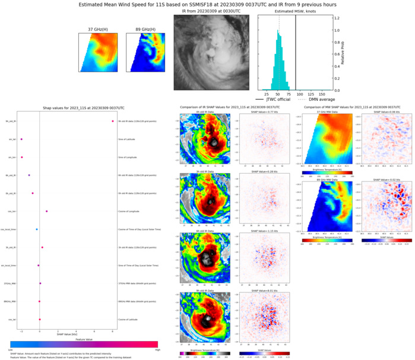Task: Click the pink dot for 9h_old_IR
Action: [x=112, y=121]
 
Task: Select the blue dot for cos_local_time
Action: [x=37, y=229]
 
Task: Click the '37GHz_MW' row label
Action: [x=9, y=283]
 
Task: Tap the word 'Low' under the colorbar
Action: [x=12, y=351]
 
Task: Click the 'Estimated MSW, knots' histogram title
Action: [x=295, y=11]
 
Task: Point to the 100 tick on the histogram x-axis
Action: [x=296, y=94]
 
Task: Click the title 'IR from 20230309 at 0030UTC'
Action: [x=211, y=11]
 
